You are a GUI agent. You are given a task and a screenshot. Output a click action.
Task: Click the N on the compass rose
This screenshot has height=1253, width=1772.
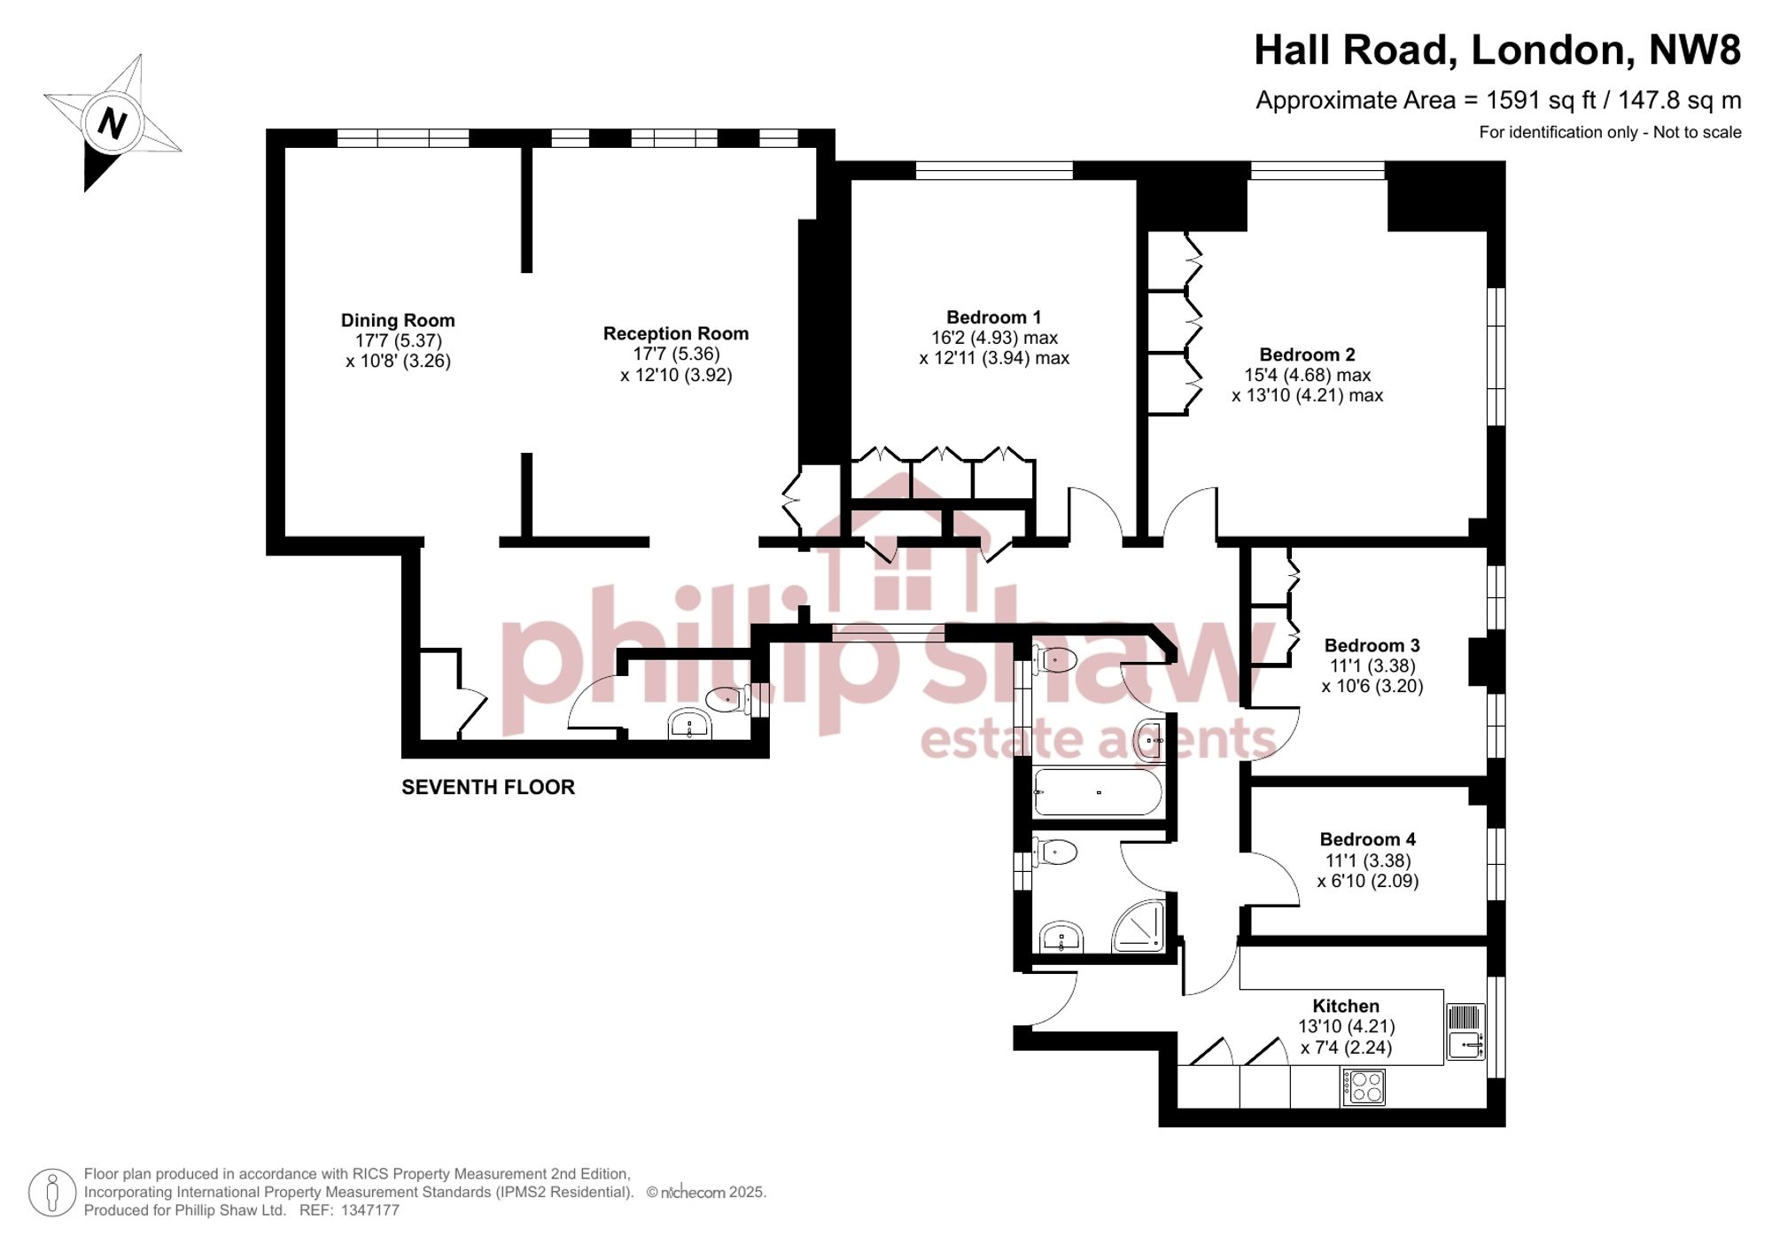112,123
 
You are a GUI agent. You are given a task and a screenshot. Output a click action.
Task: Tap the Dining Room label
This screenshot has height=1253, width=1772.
398,321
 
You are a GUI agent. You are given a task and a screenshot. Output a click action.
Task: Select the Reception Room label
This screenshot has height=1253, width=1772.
676,334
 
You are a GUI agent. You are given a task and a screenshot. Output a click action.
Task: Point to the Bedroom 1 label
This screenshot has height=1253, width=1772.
994,317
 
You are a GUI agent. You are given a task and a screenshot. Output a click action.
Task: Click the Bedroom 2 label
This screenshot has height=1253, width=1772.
1308,354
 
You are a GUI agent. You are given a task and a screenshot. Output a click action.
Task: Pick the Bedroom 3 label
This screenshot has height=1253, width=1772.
1372,646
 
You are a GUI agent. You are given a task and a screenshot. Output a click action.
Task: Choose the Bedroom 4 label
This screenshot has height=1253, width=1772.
1368,839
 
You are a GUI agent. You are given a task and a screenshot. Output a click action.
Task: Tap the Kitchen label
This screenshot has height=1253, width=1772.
1346,1006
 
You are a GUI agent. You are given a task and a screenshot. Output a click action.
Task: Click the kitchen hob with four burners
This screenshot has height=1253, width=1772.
1364,1087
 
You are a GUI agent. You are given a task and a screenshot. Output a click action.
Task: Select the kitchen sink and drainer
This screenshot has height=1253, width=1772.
1465,1031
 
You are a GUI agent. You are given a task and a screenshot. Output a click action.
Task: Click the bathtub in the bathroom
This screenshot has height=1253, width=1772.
1098,792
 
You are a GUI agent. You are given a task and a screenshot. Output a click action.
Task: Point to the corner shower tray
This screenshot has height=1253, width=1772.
1139,926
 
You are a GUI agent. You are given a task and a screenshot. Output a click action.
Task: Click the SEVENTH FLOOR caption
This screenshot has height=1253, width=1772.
488,787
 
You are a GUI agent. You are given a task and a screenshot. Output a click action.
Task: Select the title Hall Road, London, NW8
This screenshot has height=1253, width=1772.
1497,50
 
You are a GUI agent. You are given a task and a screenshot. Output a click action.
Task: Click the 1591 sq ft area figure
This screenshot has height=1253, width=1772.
1541,100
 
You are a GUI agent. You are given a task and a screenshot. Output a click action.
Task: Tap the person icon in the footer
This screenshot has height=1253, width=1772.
52,1192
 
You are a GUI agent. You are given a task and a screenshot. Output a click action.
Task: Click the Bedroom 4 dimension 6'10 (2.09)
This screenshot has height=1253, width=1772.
1368,881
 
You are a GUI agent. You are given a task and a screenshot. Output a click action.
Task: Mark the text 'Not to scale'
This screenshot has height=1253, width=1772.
1698,132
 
